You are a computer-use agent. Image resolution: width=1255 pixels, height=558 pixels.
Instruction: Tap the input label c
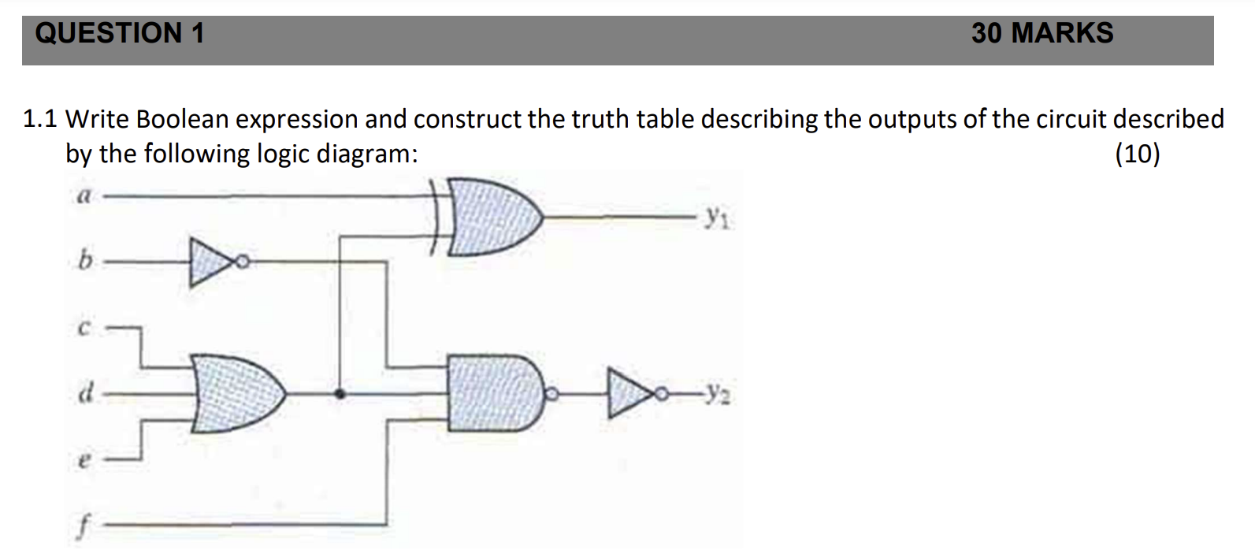[81, 329]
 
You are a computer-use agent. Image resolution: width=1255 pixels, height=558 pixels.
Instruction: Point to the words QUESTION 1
[120, 33]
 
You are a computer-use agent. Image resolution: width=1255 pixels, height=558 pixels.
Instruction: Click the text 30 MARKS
[1042, 33]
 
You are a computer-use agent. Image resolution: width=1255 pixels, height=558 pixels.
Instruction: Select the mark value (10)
[1137, 153]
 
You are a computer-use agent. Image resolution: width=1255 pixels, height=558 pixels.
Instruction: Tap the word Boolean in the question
[183, 119]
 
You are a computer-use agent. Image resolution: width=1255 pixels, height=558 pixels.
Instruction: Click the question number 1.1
[40, 119]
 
